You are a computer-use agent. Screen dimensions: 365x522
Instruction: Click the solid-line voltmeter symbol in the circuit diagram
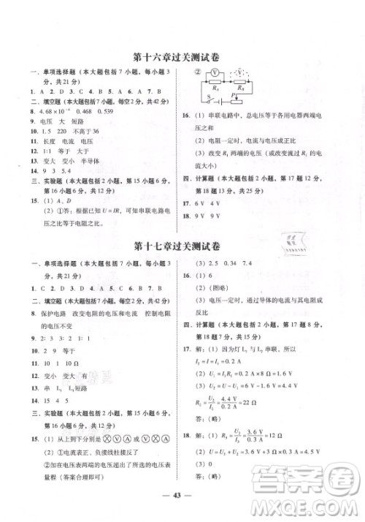tap(217, 73)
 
